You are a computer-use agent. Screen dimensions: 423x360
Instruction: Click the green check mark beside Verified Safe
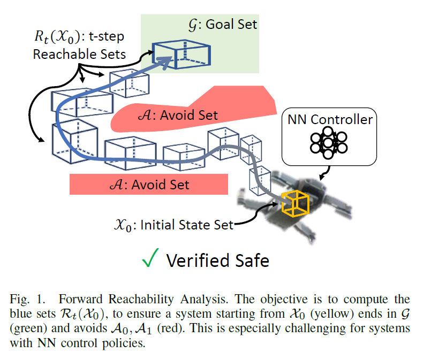tap(149, 258)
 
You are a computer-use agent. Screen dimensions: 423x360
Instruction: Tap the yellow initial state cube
tap(295, 203)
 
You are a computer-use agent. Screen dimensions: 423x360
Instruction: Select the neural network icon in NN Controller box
tap(329, 143)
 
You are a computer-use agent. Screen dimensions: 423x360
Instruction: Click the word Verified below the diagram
tap(198, 261)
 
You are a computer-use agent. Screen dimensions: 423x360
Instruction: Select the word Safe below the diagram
tap(252, 261)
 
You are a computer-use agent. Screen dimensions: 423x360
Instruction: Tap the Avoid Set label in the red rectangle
tap(149, 185)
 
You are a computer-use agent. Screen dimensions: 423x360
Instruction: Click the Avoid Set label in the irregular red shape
tap(178, 116)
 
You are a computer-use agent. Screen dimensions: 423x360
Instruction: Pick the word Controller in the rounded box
tap(342, 119)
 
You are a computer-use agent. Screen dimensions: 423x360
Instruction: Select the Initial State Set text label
tap(173, 225)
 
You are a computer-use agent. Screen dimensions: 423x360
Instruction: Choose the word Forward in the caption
tap(81, 300)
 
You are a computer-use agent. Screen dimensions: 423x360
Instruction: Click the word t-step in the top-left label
tap(107, 37)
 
